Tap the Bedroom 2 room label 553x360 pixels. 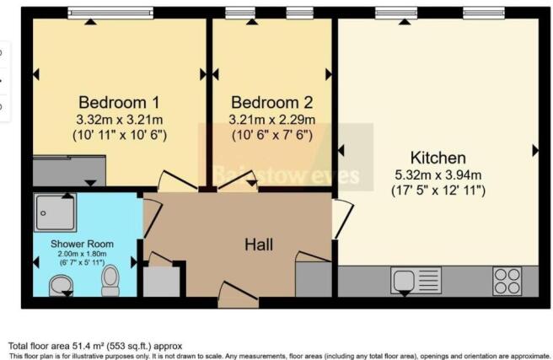pyautogui.click(x=273, y=102)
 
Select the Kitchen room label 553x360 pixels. pyautogui.click(x=438, y=158)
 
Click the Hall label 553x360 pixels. pyautogui.click(x=258, y=244)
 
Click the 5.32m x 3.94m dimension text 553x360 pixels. pyautogui.click(x=438, y=175)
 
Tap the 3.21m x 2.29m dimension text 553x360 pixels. pyautogui.click(x=273, y=119)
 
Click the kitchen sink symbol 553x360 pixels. pyautogui.click(x=416, y=280)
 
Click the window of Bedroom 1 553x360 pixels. pyautogui.click(x=110, y=13)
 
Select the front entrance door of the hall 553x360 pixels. pyautogui.click(x=234, y=295)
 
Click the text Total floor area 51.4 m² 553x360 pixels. pyautogui.click(x=94, y=346)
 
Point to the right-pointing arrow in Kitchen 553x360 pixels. pyautogui.click(x=534, y=151)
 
